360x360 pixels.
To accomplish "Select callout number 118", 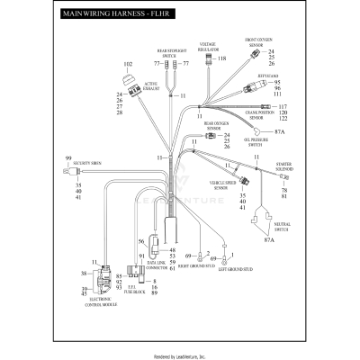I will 221,58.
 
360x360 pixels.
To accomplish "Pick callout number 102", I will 128,64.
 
